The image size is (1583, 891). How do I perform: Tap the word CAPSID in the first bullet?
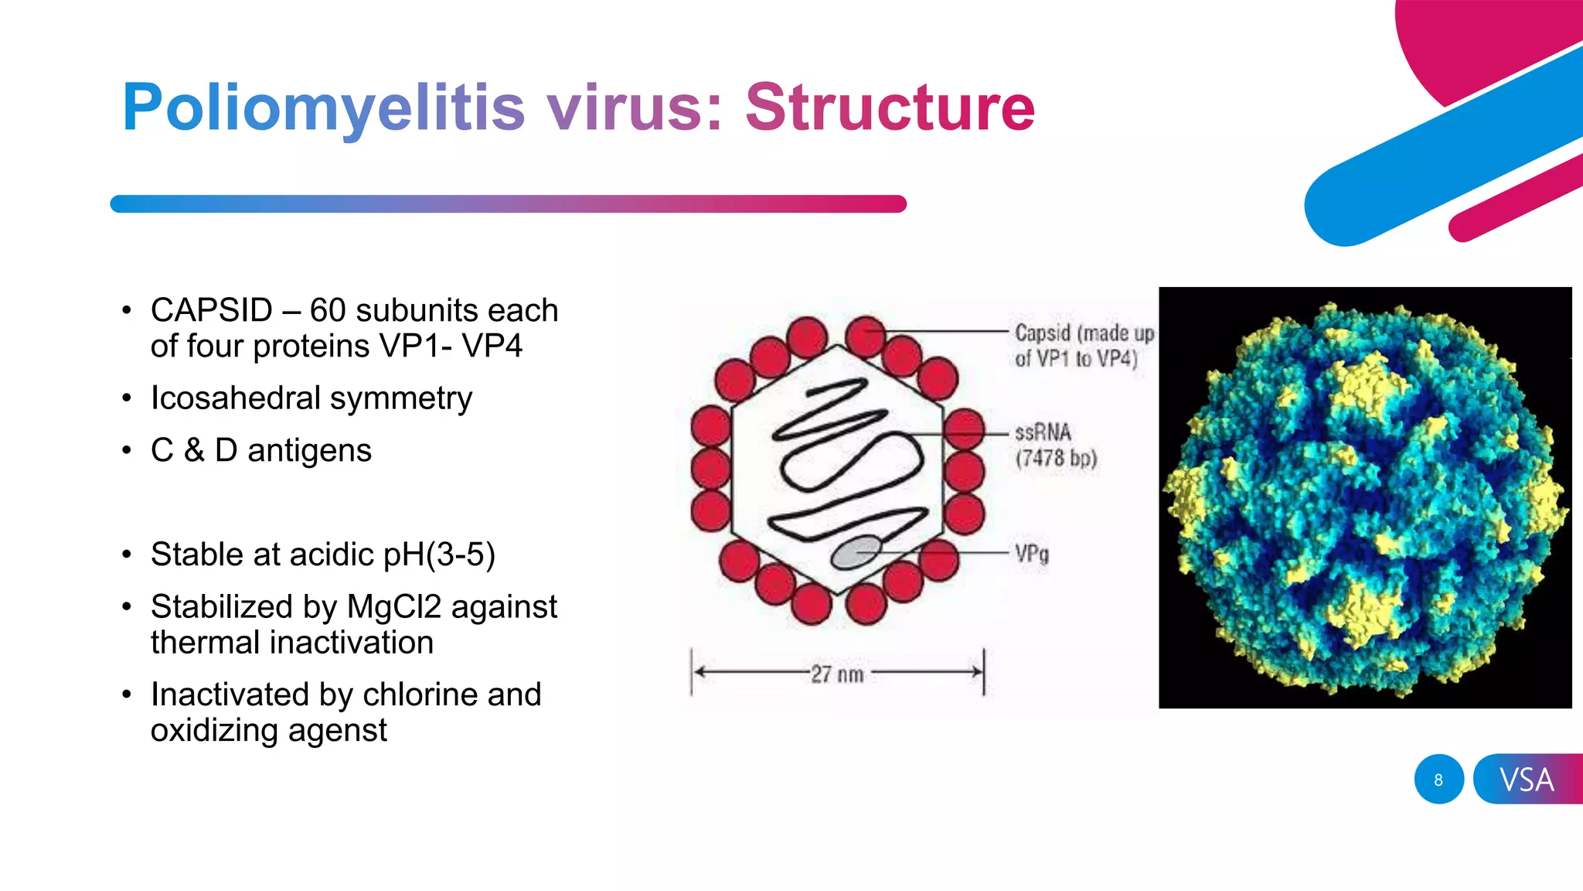point(211,310)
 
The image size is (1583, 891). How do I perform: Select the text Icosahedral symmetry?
point(311,398)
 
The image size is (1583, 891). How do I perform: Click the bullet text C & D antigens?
point(261,450)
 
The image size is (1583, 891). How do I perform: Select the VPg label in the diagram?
point(1032,554)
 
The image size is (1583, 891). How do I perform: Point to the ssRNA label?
point(1043,432)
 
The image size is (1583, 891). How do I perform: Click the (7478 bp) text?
point(1056,458)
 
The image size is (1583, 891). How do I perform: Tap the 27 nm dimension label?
point(836,674)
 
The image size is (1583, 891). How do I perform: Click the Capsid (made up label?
point(1084,333)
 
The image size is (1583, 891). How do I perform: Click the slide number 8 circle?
point(1438,780)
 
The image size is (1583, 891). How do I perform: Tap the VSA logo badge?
point(1527,780)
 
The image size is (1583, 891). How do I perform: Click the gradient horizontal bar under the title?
point(508,204)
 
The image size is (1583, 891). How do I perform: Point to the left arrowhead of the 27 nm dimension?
point(698,672)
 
